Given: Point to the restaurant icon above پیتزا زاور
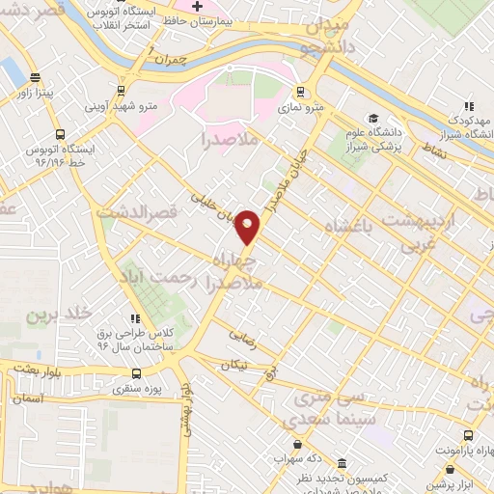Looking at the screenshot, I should (36, 78).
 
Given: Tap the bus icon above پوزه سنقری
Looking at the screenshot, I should (136, 373).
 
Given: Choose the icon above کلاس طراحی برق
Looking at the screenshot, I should (135, 317).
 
